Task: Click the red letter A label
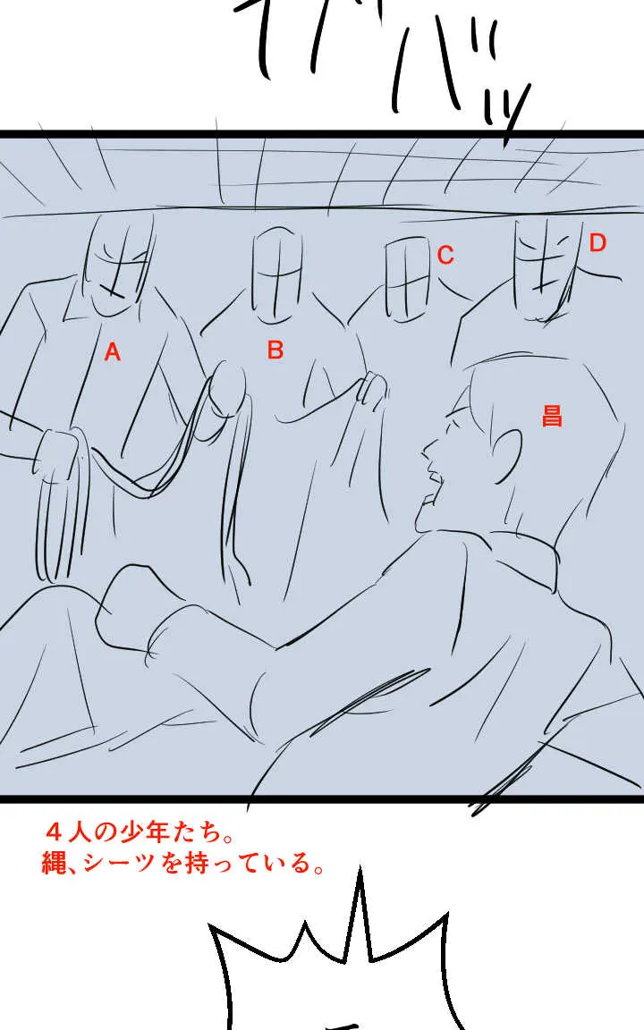pyautogui.click(x=112, y=352)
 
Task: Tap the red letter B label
pyautogui.click(x=275, y=350)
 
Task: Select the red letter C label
pyautogui.click(x=445, y=256)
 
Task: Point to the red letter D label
pyautogui.click(x=597, y=242)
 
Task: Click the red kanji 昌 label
pyautogui.click(x=552, y=415)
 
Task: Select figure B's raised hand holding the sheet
pyautogui.click(x=371, y=390)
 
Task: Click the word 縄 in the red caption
pyautogui.click(x=54, y=864)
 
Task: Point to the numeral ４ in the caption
pyautogui.click(x=54, y=833)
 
